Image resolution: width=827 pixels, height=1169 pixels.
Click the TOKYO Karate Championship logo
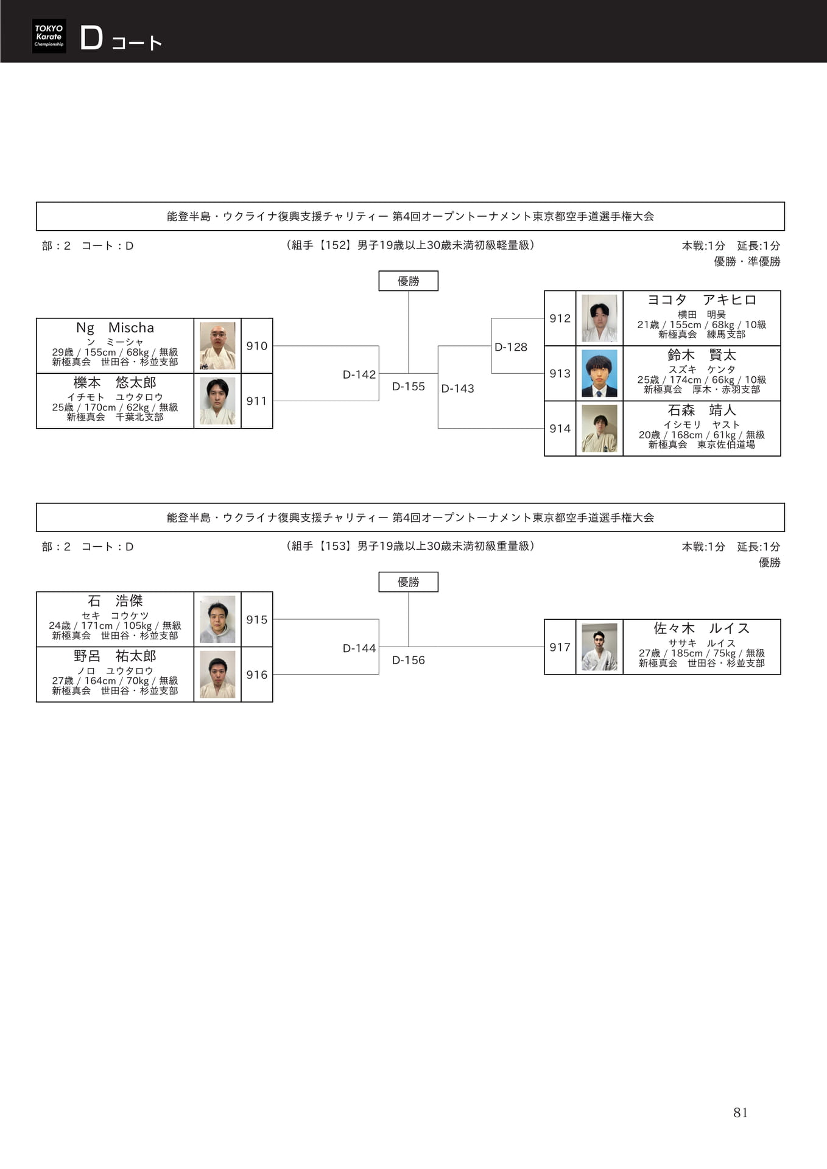click(49, 36)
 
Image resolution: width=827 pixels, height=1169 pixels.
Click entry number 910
click(257, 346)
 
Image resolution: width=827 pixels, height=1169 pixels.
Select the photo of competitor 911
click(217, 401)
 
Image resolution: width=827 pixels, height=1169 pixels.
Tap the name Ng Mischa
click(115, 328)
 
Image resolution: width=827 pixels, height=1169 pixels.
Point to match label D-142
click(359, 374)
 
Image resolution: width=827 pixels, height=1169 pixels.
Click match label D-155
click(409, 387)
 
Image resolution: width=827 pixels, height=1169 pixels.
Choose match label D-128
click(511, 347)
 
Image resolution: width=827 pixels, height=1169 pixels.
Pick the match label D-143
click(457, 388)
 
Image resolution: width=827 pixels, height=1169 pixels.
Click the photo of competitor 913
click(599, 373)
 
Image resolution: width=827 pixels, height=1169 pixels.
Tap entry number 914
click(560, 429)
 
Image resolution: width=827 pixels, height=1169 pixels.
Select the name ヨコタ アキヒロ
click(702, 300)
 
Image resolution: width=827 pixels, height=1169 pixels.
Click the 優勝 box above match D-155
click(409, 281)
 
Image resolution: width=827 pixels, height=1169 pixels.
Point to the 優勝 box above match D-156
click(409, 581)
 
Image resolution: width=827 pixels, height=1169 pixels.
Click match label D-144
click(359, 648)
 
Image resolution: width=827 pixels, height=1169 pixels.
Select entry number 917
click(560, 647)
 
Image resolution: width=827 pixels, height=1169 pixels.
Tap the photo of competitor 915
click(217, 619)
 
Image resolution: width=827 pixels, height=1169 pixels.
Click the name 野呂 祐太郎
click(115, 656)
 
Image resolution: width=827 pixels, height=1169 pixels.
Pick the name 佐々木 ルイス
click(702, 628)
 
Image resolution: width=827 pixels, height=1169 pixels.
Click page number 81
click(741, 1112)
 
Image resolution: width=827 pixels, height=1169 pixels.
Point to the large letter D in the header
click(91, 38)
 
